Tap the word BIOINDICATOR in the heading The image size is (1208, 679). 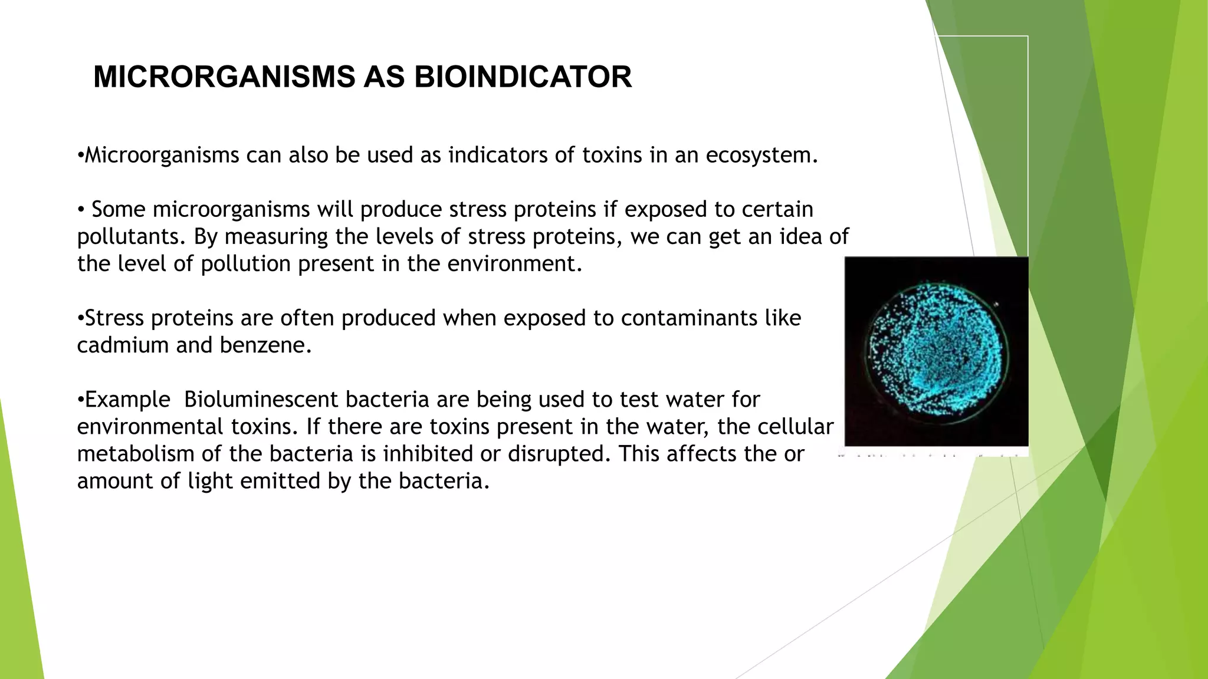point(523,77)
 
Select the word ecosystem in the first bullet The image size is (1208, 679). point(761,156)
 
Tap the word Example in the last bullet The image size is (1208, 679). point(127,400)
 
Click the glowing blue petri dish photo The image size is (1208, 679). point(936,352)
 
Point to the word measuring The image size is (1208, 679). point(276,237)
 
